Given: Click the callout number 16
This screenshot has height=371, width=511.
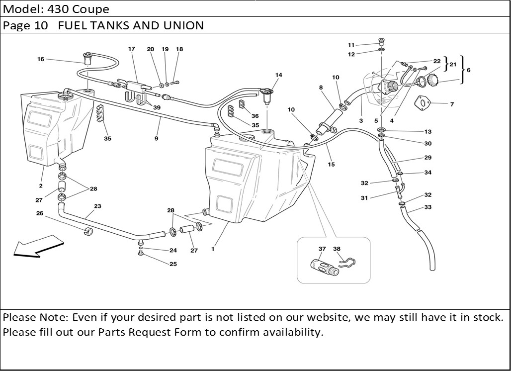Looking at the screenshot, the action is click(x=41, y=59).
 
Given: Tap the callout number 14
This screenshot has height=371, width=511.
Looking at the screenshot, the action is click(x=279, y=75).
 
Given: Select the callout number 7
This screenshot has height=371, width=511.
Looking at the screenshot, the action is click(x=452, y=104).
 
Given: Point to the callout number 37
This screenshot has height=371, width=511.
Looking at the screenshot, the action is click(x=322, y=249).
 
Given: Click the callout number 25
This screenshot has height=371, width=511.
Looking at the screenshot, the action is click(x=173, y=264).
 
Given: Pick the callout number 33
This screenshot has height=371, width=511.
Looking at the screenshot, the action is click(x=428, y=207).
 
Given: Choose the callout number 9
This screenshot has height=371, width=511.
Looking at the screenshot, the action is click(x=157, y=138).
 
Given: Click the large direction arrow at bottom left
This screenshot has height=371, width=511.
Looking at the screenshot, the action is click(x=38, y=247).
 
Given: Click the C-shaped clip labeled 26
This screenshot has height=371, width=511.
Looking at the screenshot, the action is click(x=88, y=231).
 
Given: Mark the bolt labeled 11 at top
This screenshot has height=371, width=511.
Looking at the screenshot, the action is click(x=381, y=41).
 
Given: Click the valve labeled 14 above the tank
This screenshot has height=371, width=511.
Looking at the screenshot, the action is click(x=267, y=96).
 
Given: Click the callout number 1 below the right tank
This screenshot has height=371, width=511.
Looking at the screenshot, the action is click(x=213, y=249).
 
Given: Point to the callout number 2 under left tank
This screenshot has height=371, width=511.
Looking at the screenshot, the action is click(x=41, y=186).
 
